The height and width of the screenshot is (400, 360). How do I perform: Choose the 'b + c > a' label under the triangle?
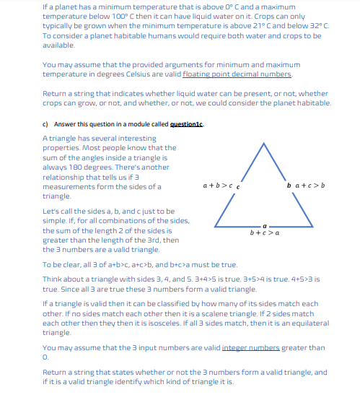(264, 232)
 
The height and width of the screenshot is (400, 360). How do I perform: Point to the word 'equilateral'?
(308, 323)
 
